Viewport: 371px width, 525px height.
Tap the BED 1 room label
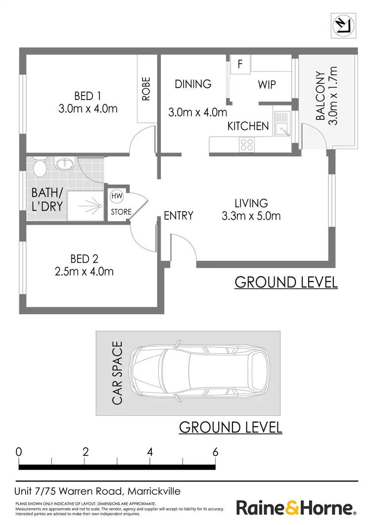click(x=88, y=95)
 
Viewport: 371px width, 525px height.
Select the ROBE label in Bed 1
click(x=146, y=89)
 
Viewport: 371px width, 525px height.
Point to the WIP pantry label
click(x=267, y=85)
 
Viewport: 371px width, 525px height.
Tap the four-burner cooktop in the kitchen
click(x=246, y=144)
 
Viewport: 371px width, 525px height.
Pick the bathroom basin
click(x=64, y=163)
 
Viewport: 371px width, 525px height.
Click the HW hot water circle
click(x=117, y=196)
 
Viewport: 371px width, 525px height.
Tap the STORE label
click(x=121, y=212)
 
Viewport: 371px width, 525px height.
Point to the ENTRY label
click(x=178, y=215)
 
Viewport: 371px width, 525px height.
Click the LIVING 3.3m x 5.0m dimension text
click(x=251, y=216)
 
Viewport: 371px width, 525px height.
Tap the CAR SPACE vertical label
click(x=117, y=373)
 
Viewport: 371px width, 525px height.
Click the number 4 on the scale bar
click(x=149, y=452)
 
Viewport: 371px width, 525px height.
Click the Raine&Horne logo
click(x=296, y=508)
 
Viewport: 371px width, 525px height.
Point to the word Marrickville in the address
click(x=154, y=491)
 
